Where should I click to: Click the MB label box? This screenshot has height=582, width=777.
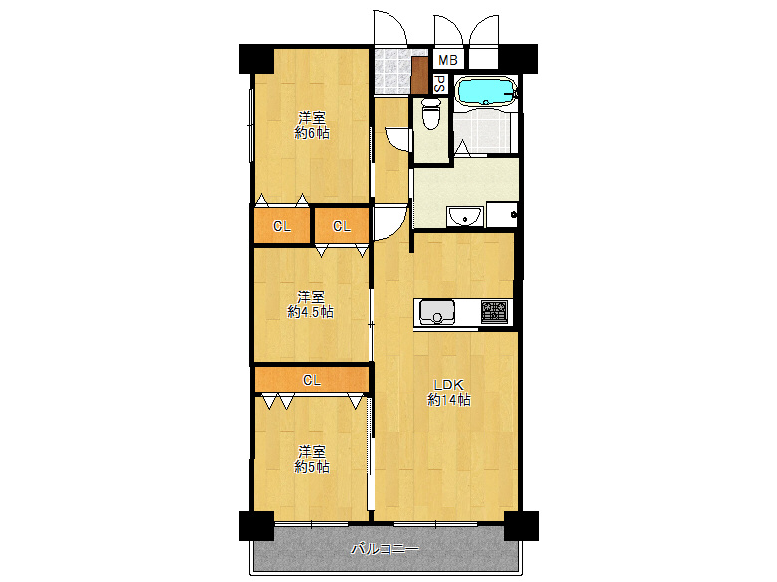pos(447,60)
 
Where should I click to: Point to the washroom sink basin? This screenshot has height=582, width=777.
pos(462,215)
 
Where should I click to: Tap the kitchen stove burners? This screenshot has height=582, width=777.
pos(494,312)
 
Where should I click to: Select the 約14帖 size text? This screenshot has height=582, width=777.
pos(448,400)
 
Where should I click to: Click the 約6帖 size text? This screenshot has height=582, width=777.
pos(311,132)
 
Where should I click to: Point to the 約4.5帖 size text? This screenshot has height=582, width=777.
pos(310,311)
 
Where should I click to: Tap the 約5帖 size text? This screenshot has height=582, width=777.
pos(311,466)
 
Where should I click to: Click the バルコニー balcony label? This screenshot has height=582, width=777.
pos(385,548)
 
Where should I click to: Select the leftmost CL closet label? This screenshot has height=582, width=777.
pos(282,226)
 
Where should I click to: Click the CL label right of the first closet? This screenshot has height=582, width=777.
pos(342,226)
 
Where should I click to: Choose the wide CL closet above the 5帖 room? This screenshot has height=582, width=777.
pos(311,379)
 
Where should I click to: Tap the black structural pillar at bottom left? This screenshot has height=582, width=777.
pos(255,524)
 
